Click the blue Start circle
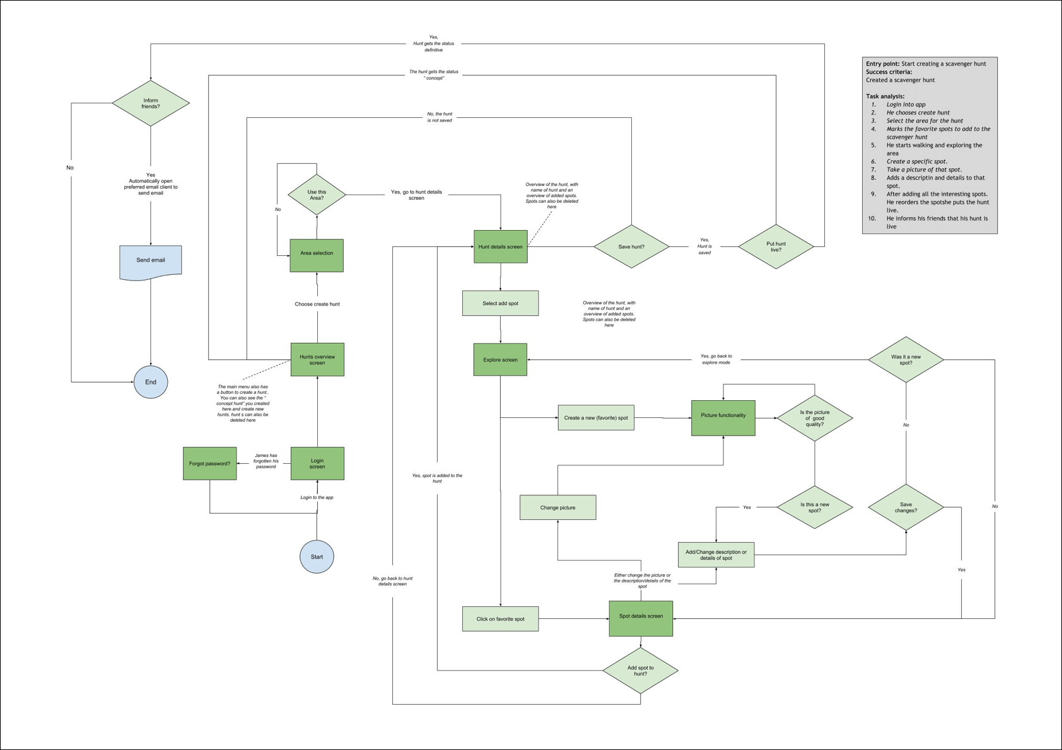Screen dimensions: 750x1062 (317, 557)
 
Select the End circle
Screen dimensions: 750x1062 (151, 382)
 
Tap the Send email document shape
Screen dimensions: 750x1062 (151, 261)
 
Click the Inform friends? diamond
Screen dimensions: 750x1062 (151, 103)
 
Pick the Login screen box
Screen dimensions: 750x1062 (317, 463)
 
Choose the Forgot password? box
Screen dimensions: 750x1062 (209, 463)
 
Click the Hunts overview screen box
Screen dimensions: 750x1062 (317, 359)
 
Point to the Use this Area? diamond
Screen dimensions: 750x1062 (317, 195)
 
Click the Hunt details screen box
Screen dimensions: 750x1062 (500, 246)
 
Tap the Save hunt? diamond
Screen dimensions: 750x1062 (631, 246)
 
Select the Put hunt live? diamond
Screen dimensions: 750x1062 (776, 246)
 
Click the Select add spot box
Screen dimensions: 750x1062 (500, 303)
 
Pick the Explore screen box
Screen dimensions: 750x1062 (500, 359)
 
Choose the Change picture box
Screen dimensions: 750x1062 (557, 507)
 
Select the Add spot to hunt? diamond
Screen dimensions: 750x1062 (640, 671)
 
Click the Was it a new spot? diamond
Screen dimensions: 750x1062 (906, 359)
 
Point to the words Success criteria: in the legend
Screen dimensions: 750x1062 (889, 72)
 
